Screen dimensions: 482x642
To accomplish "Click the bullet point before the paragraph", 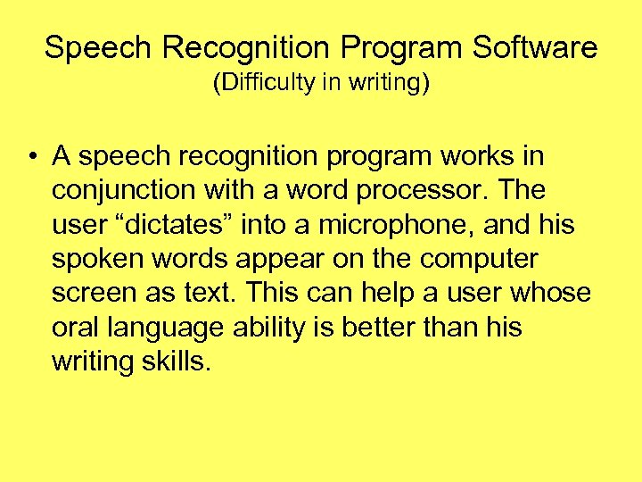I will (x=31, y=158).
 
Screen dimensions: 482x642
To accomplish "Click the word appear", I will (x=295, y=260).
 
